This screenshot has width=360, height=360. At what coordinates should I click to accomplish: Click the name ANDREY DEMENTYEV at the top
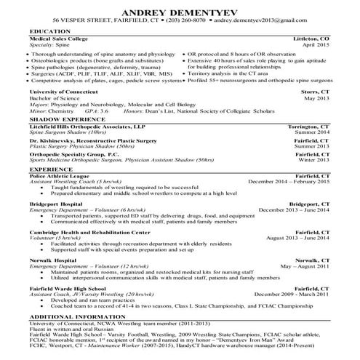coord(180,12)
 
